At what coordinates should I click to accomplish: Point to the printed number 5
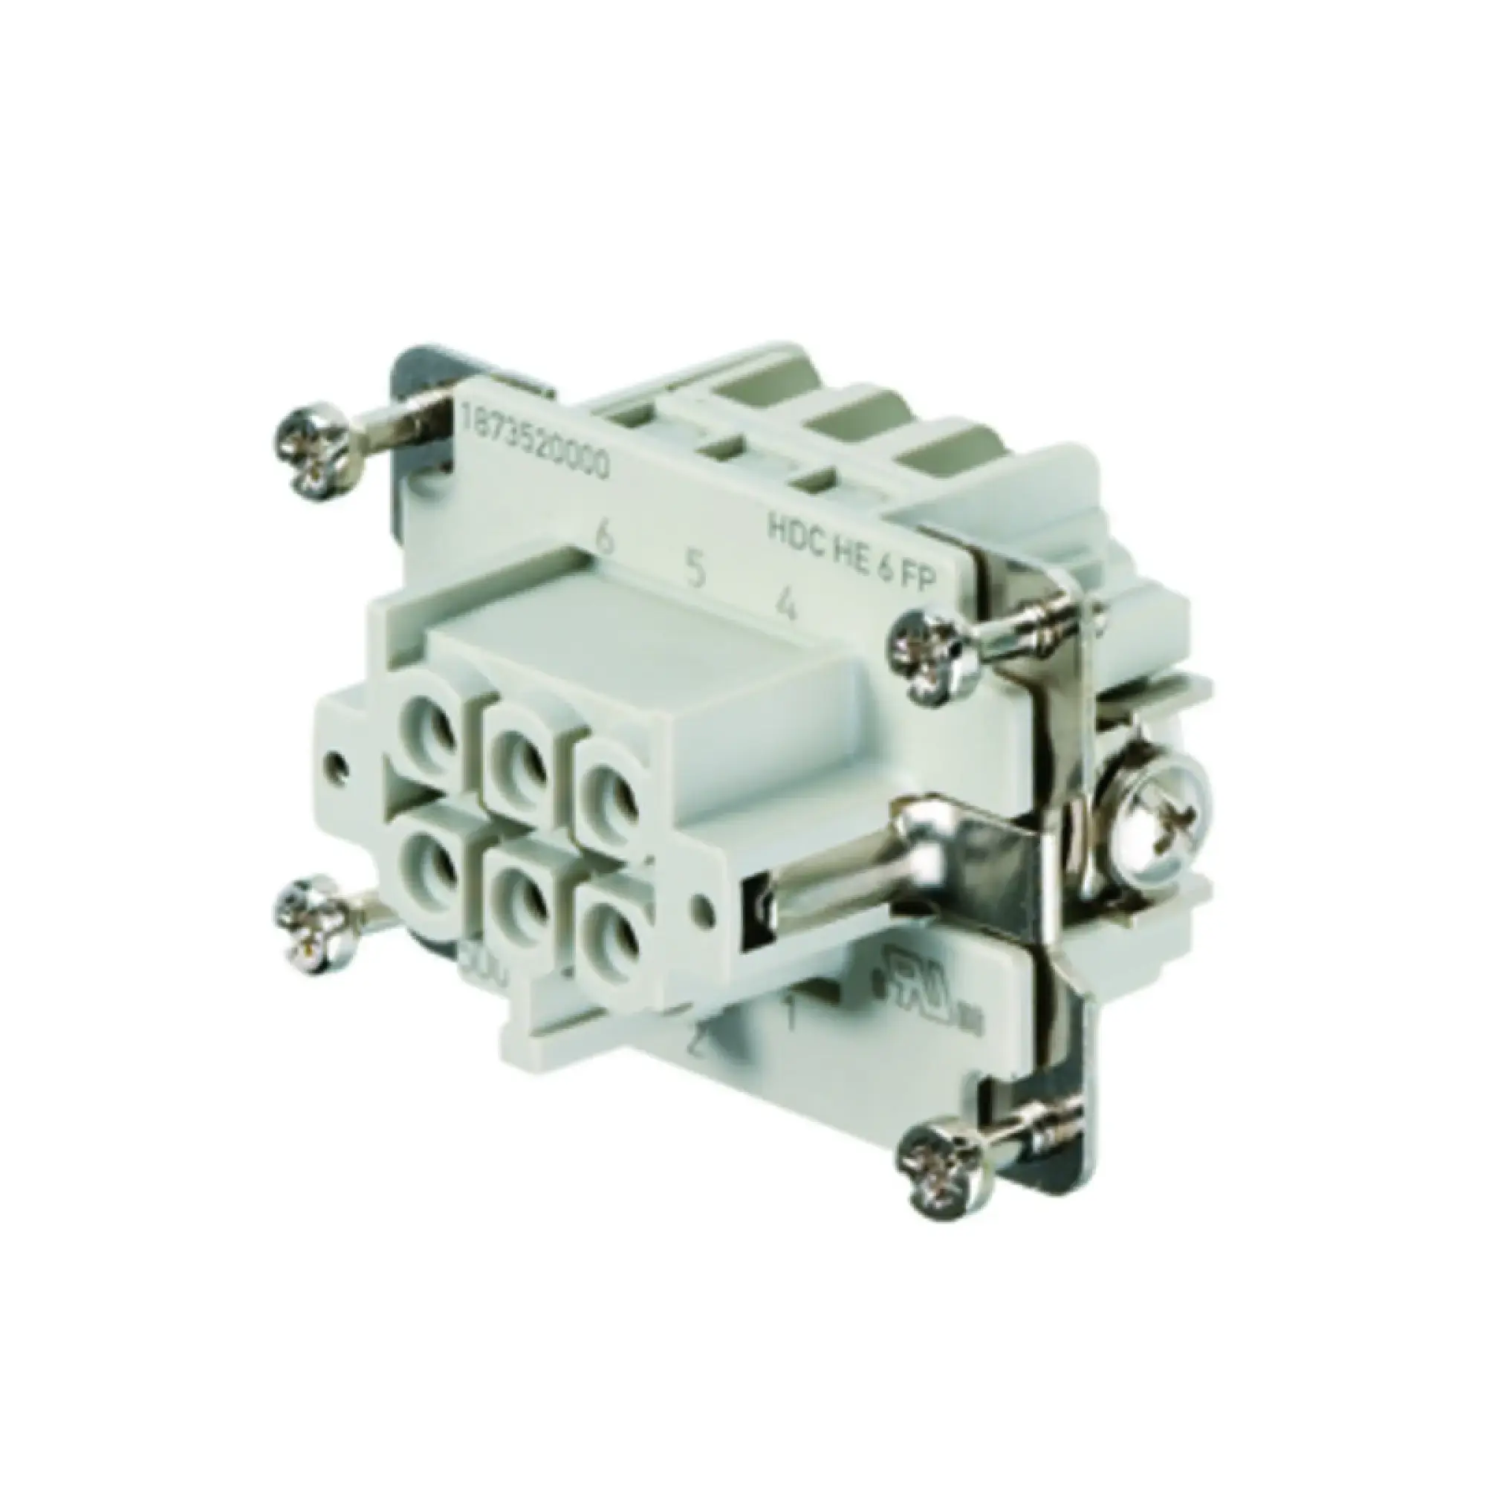pos(695,571)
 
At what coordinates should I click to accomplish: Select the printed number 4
pos(785,606)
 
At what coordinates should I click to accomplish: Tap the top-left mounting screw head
pos(315,452)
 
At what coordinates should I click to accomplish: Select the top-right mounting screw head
pos(934,649)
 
